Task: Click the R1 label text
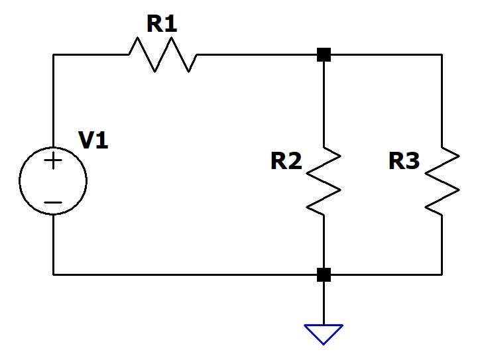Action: [162, 24]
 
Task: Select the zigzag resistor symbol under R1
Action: [162, 54]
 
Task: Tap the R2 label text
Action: [286, 161]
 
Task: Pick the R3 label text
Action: [404, 161]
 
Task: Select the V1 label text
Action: [93, 141]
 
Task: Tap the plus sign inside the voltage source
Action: [53, 161]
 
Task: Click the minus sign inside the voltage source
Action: [53, 202]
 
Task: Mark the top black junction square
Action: [324, 54]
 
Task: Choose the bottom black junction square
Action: [324, 274]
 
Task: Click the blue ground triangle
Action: [324, 333]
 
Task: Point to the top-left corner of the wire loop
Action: [54, 54]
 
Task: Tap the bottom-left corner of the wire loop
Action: [54, 274]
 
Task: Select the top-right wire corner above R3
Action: [442, 54]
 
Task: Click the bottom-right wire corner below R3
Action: [442, 274]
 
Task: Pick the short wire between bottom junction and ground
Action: [324, 302]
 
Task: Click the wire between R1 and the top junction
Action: [259, 54]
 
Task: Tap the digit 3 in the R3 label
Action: [412, 161]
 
